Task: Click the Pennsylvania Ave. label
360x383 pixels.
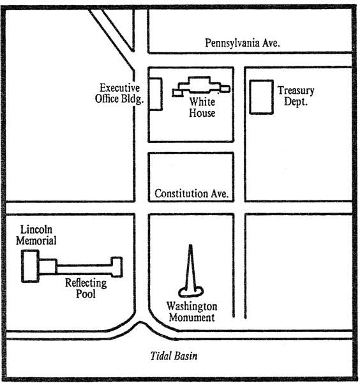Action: (243, 43)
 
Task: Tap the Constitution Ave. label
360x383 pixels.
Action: (191, 193)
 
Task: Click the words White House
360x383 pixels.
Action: (202, 107)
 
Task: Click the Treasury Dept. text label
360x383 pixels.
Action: (296, 96)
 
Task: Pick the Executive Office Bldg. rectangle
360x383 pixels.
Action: (155, 94)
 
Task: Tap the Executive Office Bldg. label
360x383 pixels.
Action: (119, 94)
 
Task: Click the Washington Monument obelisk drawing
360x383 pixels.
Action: (191, 269)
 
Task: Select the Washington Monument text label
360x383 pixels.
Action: (192, 312)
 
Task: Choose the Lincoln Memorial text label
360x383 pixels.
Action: (36, 235)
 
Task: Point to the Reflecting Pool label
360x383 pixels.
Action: (86, 289)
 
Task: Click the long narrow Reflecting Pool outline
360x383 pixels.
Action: (84, 266)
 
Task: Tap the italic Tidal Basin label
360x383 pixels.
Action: (174, 356)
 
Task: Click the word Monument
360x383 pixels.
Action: (192, 317)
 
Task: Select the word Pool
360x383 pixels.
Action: (86, 294)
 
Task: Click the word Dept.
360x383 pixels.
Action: (296, 101)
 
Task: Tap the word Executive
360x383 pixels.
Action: (119, 88)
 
